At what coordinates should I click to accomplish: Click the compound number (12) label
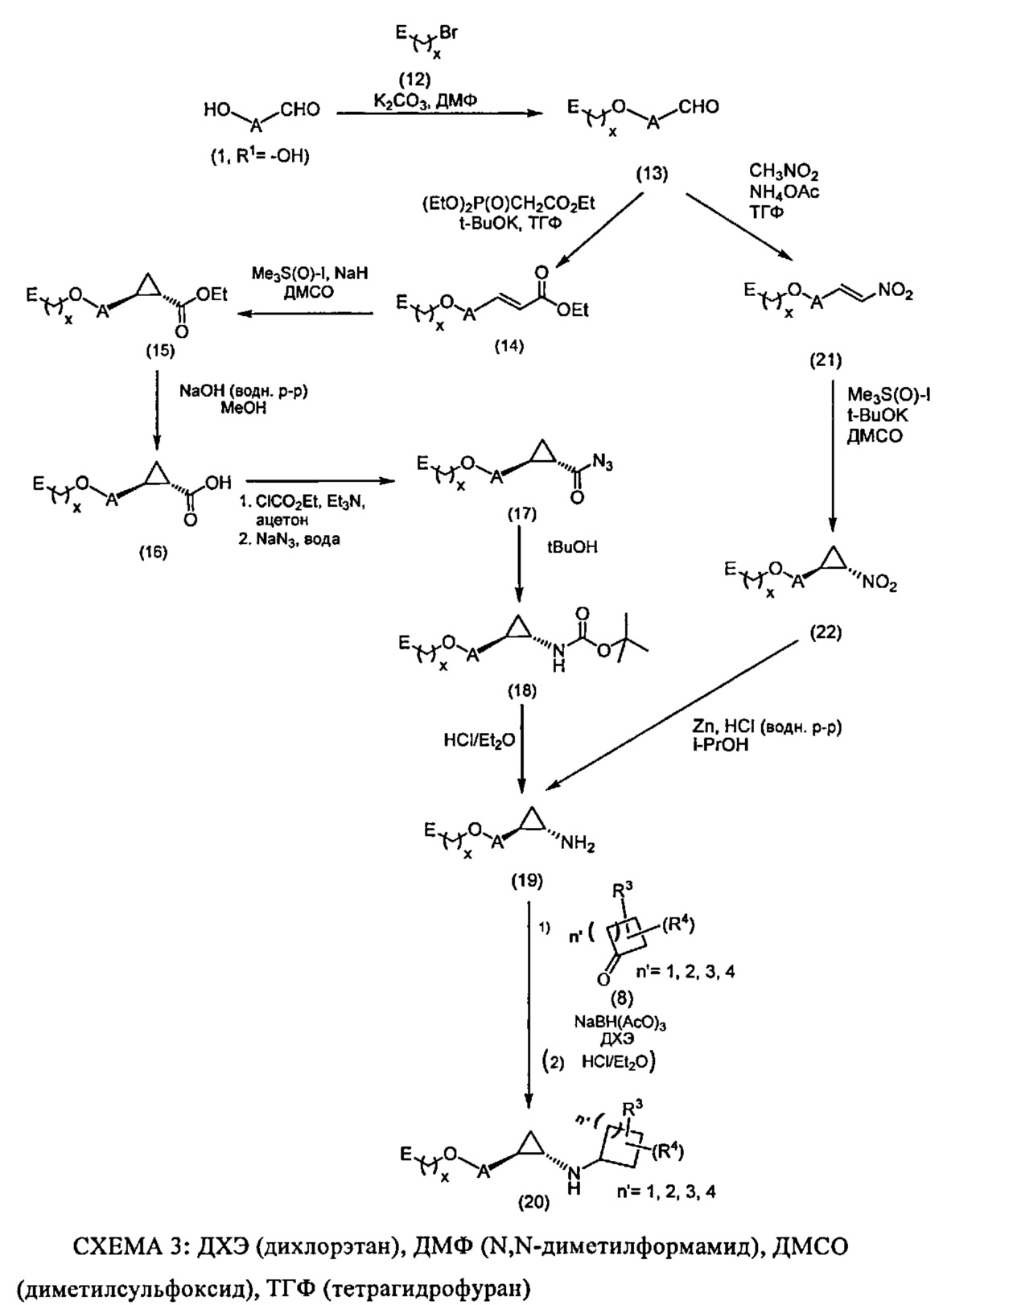point(415,79)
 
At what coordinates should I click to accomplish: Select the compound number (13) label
point(652,173)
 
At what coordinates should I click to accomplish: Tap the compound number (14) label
point(509,346)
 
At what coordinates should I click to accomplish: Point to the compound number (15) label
point(159,351)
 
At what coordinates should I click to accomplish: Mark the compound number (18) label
point(521,690)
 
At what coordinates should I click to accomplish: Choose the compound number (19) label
point(527,880)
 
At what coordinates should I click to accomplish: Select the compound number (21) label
point(826,361)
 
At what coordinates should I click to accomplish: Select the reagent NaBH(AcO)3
point(620,1022)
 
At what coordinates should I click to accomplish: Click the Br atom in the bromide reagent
point(450,34)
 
